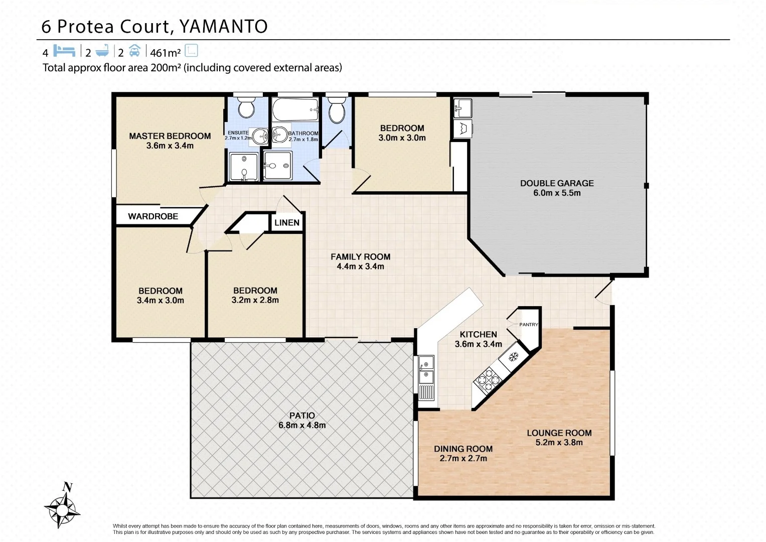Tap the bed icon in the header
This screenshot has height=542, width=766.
[64, 51]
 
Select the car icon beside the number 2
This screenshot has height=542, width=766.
[134, 51]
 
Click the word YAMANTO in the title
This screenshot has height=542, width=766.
[223, 27]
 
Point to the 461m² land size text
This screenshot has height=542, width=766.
[165, 52]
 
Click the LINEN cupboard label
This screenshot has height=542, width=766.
[287, 222]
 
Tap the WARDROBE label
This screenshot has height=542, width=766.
[153, 216]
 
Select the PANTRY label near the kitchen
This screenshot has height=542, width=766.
[528, 325]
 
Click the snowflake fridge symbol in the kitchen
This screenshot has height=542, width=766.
[513, 357]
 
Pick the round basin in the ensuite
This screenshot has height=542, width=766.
[259, 135]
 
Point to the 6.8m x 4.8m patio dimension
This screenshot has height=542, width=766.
[302, 425]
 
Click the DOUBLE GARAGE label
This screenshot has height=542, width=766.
[557, 183]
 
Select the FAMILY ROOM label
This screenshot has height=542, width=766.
[360, 256]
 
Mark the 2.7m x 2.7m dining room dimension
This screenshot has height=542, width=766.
[463, 458]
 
